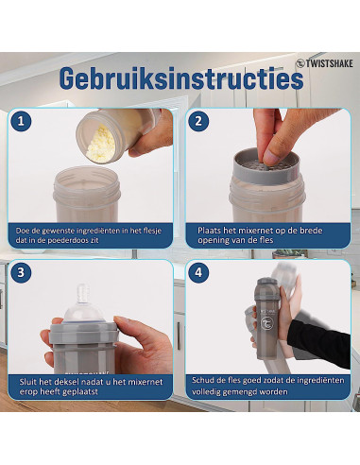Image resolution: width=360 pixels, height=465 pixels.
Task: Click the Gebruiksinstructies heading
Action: pyautogui.click(x=181, y=78)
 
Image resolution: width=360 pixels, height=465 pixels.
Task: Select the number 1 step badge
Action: pyautogui.click(x=21, y=121)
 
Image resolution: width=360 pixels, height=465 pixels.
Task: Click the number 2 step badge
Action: pyautogui.click(x=198, y=121)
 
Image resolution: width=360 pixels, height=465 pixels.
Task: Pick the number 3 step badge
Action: pyautogui.click(x=21, y=272)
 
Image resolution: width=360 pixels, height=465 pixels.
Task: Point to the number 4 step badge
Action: pyautogui.click(x=198, y=272)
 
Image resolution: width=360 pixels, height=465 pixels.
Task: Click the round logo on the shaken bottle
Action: pyautogui.click(x=266, y=323)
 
